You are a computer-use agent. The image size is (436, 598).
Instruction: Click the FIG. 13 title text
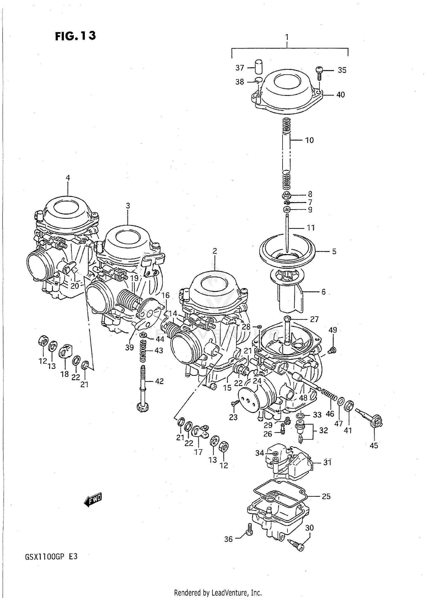(75, 36)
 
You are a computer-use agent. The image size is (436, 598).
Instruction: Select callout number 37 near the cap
(240, 68)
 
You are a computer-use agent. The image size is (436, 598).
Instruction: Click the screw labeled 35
(319, 71)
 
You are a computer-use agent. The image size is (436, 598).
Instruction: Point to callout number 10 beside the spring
(309, 140)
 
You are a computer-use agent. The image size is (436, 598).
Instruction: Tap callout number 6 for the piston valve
(323, 292)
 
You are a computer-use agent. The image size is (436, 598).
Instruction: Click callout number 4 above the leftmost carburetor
(68, 177)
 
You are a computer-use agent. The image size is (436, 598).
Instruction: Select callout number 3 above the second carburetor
(128, 206)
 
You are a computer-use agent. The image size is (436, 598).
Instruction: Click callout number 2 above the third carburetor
(215, 251)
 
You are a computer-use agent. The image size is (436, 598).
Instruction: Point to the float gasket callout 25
(326, 496)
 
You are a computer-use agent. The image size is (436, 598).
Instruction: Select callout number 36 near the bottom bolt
(228, 539)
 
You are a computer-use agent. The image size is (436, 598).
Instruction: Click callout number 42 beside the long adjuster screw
(159, 381)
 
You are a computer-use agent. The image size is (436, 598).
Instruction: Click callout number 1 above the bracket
(287, 37)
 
